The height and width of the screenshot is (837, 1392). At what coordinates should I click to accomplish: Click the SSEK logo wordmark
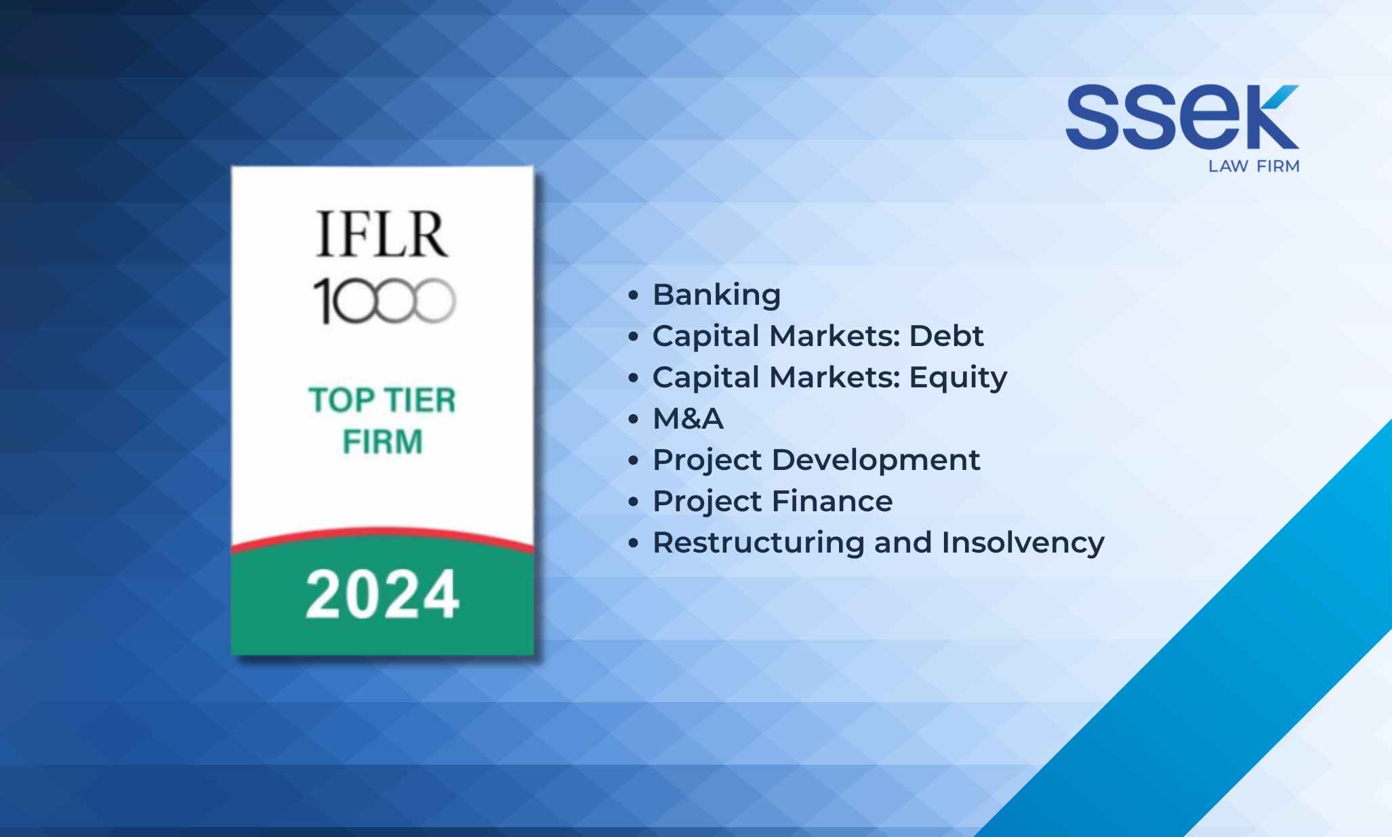pyautogui.click(x=1182, y=116)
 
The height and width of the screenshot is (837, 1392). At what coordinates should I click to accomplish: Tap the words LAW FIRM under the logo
pyautogui.click(x=1254, y=167)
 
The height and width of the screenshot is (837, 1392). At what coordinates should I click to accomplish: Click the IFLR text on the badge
pyautogui.click(x=382, y=234)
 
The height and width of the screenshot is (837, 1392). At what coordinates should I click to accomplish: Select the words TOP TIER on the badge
pyautogui.click(x=382, y=400)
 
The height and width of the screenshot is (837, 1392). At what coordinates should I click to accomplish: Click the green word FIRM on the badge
pyautogui.click(x=382, y=442)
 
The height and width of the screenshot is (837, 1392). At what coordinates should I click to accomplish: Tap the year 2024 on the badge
pyautogui.click(x=382, y=595)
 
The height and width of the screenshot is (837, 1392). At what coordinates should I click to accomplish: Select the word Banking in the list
pyautogui.click(x=716, y=295)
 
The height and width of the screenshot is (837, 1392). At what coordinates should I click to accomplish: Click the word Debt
pyautogui.click(x=946, y=336)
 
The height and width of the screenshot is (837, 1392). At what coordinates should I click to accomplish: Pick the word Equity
pyautogui.click(x=958, y=378)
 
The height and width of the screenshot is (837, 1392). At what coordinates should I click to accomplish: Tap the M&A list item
pyautogui.click(x=688, y=419)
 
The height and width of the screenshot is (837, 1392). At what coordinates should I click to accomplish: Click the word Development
pyautogui.click(x=876, y=460)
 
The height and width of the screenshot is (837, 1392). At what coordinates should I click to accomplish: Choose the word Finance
pyautogui.click(x=832, y=502)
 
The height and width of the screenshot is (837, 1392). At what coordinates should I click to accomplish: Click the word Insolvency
pyautogui.click(x=1023, y=543)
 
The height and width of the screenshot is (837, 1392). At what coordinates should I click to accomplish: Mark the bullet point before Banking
pyautogui.click(x=634, y=295)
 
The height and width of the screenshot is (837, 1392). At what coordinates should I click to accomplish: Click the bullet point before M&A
pyautogui.click(x=634, y=419)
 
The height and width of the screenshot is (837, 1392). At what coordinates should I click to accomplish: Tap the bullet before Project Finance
pyautogui.click(x=634, y=502)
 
